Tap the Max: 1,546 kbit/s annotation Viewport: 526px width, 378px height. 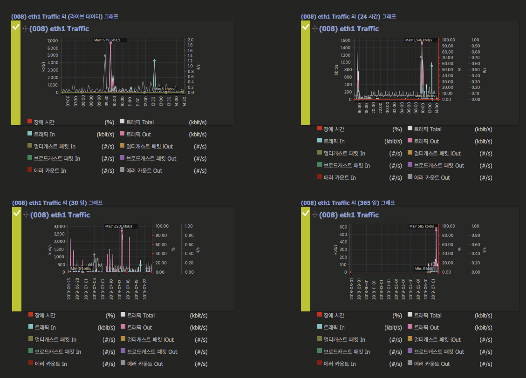(421, 40)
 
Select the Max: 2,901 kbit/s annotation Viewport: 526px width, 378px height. (118, 226)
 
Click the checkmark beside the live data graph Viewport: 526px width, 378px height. (16, 27)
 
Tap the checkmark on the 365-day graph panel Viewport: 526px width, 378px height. (306, 214)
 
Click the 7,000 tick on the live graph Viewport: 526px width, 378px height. (53, 40)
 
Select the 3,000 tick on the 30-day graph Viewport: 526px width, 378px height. (59, 226)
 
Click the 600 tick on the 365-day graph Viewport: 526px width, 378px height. (343, 227)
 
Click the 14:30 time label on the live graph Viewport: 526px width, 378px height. (184, 101)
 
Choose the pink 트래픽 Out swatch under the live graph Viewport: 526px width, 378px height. (123, 134)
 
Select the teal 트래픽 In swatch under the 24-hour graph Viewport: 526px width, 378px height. (320, 141)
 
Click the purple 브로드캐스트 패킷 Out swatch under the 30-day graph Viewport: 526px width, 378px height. (123, 351)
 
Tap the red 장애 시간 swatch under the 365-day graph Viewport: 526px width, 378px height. (320, 315)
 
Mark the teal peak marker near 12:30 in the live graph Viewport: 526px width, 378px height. (154, 61)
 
